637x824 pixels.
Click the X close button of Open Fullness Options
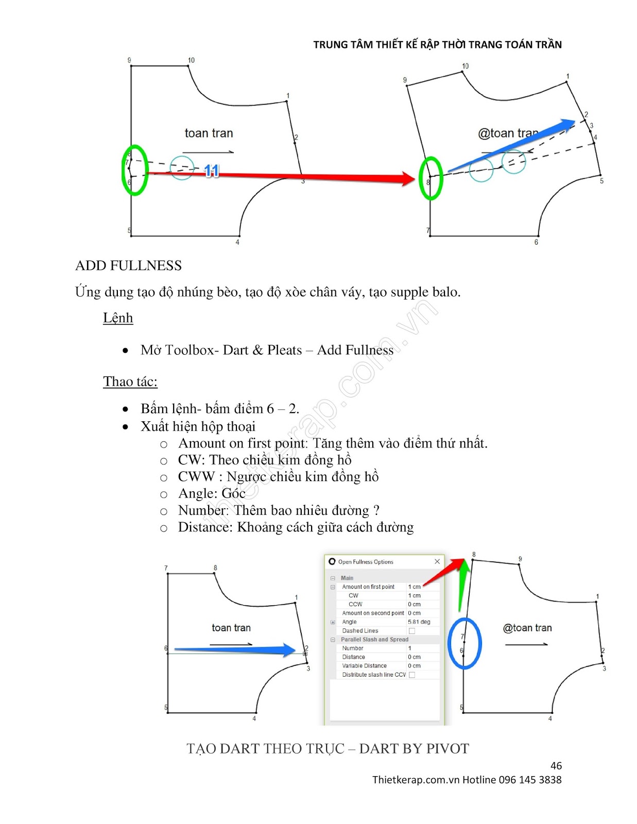coord(437,561)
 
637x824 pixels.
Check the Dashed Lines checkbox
coord(412,631)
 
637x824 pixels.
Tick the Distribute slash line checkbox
coord(412,675)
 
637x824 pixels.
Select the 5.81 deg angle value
coord(419,622)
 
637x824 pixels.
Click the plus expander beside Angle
coord(333,622)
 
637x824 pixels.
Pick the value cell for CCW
coord(422,604)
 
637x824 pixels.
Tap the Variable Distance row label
coord(364,666)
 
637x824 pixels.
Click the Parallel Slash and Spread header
coord(374,640)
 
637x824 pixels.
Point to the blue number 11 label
coord(212,170)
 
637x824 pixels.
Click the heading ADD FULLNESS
coord(128,266)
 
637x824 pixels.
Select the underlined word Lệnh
coord(118,318)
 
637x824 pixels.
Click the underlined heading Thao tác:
coord(130,382)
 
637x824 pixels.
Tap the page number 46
coord(556,766)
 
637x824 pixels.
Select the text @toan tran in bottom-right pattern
coord(527,628)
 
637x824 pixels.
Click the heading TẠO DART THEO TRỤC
coord(265,748)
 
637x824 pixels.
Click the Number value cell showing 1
coord(422,648)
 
